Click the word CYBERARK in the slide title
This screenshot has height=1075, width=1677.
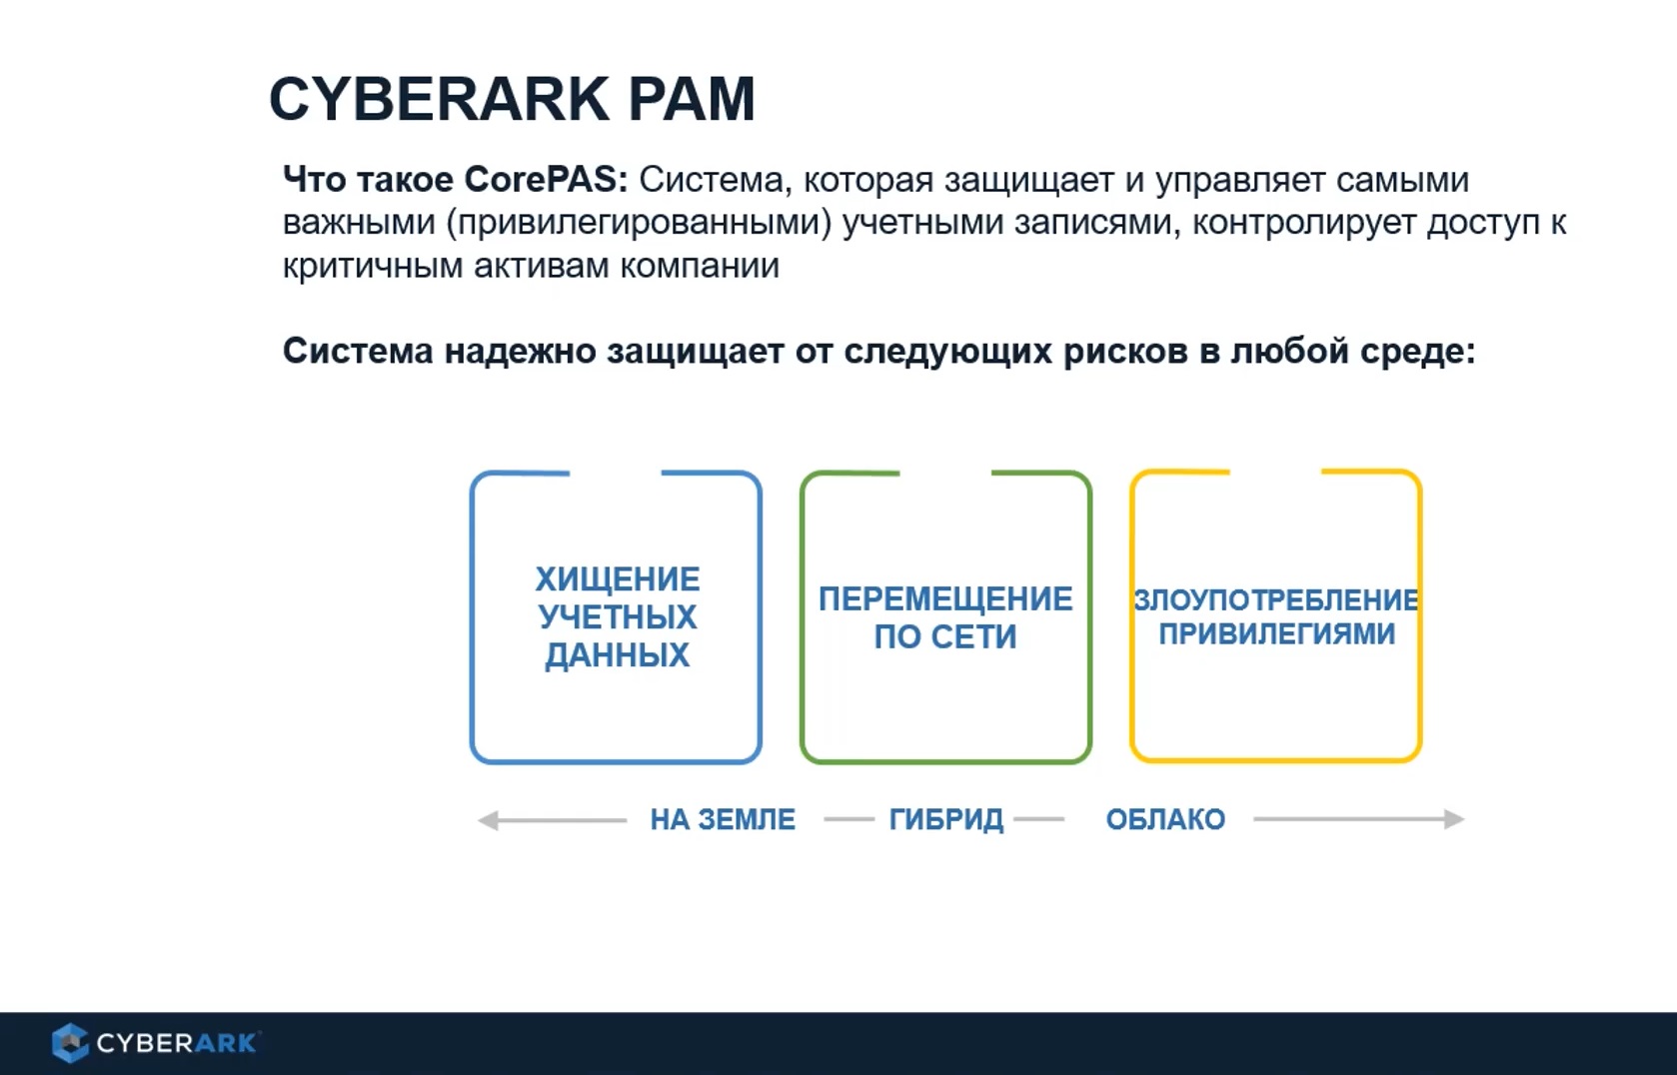point(439,99)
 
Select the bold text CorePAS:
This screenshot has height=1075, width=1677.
point(546,180)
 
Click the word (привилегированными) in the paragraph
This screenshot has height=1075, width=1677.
point(639,223)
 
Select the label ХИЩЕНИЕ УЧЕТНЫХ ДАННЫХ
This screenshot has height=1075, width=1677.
point(617,616)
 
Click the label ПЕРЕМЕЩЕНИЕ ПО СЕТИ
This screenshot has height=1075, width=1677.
point(945,617)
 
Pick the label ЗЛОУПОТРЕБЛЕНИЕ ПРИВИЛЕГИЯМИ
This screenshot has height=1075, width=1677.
point(1276,616)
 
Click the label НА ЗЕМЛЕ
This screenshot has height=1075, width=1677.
point(723,819)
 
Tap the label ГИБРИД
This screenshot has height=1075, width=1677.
point(946,819)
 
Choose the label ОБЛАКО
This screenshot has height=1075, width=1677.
point(1165,819)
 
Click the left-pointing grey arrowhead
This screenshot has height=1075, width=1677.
point(488,820)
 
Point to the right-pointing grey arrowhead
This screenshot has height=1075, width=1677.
point(1455,819)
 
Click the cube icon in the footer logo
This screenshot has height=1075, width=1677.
point(70,1043)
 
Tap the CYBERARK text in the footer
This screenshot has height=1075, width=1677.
point(177,1043)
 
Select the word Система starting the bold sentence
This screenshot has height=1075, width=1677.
point(358,352)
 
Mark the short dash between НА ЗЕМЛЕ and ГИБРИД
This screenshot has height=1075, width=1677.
point(848,819)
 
